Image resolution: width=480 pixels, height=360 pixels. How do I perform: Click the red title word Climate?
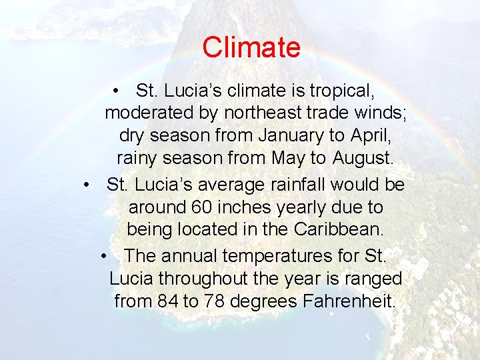(x=251, y=48)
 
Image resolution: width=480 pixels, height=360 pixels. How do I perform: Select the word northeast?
(x=262, y=113)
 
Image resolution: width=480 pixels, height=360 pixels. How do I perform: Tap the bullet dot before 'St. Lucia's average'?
(x=88, y=184)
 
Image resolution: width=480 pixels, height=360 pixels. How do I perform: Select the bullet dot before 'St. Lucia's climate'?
(x=116, y=90)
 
